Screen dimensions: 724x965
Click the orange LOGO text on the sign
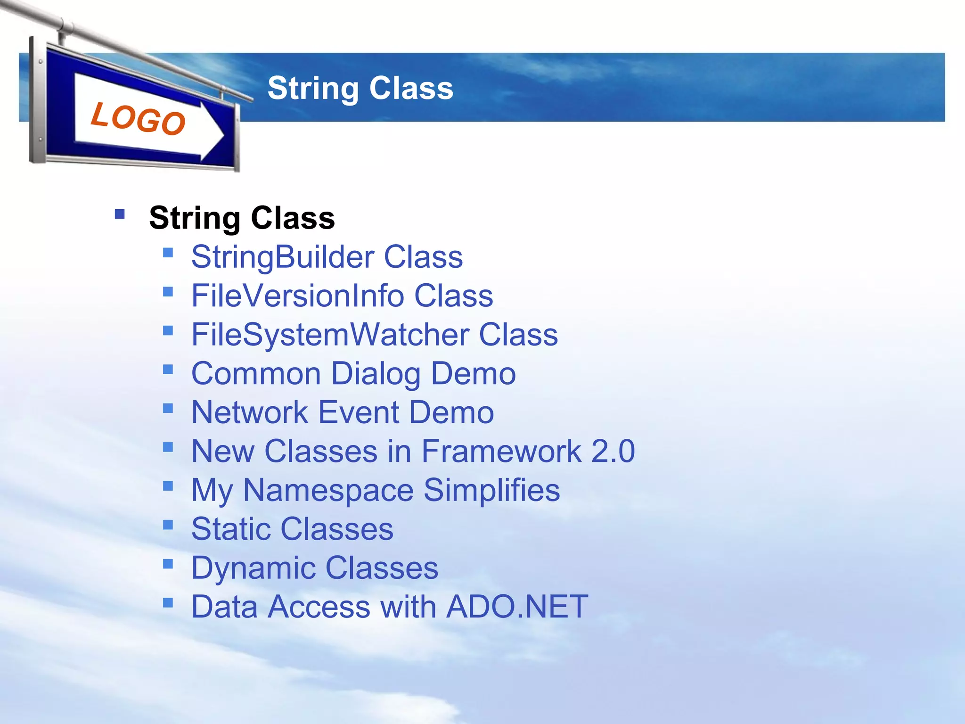tap(138, 118)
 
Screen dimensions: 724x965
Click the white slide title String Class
tap(360, 88)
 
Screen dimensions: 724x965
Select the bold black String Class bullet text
tap(242, 218)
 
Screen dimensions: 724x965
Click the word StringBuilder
tap(283, 257)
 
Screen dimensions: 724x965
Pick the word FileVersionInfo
tap(298, 296)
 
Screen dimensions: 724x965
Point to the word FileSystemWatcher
tap(330, 335)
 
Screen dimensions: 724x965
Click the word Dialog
tap(376, 374)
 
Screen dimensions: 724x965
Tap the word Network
tap(250, 412)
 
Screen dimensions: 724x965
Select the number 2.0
tap(613, 451)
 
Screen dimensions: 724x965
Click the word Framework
tap(501, 451)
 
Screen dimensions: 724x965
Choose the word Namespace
tap(328, 490)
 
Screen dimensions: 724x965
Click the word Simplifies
tap(491, 490)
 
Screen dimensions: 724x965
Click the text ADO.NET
tap(517, 607)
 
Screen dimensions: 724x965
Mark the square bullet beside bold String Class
tap(120, 214)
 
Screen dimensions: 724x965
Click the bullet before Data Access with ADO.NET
tap(168, 602)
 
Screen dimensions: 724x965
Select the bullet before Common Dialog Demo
tap(168, 369)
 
